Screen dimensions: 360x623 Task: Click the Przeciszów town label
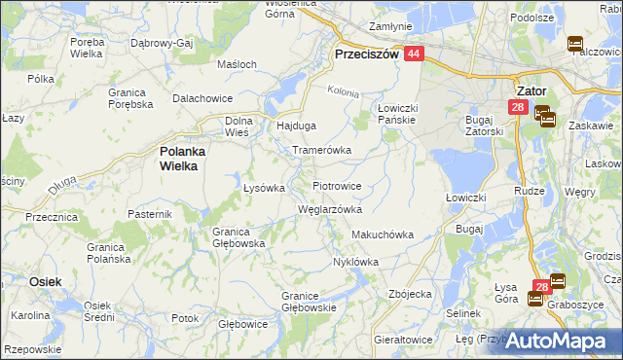(366, 55)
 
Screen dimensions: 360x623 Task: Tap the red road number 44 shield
(415, 55)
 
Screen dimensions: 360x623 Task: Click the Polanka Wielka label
(178, 159)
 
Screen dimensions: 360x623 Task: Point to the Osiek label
(45, 281)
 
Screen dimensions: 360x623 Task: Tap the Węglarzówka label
(329, 209)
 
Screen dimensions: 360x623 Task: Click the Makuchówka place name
(383, 234)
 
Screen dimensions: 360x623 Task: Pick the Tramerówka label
(321, 151)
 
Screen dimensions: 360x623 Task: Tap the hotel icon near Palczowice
(574, 44)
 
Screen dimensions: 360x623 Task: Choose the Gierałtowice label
(402, 340)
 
